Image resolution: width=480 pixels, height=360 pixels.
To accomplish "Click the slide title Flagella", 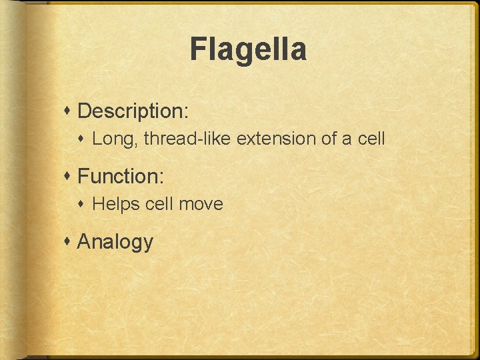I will tap(248, 50).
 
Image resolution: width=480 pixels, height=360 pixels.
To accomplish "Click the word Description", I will tap(131, 111).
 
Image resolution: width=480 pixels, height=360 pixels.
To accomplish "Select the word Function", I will tap(118, 177).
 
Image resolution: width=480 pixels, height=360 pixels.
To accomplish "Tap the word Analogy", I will tap(115, 242).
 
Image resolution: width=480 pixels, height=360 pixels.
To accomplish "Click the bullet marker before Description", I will tap(69, 111).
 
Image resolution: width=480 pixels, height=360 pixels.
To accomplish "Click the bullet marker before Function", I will tap(69, 177).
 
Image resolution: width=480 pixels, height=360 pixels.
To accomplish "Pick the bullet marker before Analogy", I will tap(69, 241).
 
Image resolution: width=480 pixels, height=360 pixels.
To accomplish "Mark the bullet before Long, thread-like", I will tap(84, 139).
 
